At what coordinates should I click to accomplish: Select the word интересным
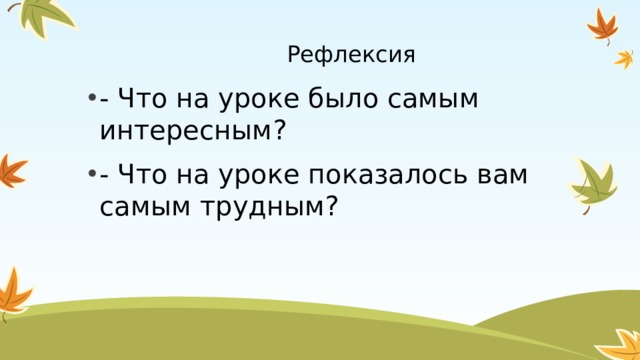(187, 130)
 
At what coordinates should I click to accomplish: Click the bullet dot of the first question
(91, 98)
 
